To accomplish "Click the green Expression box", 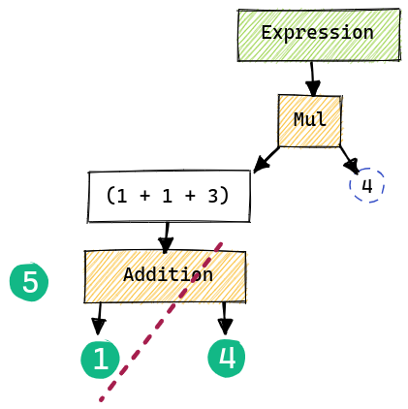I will (x=319, y=35).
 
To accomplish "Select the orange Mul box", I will (x=310, y=121).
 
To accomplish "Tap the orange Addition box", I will (x=166, y=276).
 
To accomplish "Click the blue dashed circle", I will (x=366, y=185).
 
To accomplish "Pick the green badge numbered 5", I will (x=29, y=282).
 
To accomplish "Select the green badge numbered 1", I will (x=100, y=360).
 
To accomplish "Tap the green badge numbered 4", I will (x=227, y=358).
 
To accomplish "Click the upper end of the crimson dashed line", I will (x=222, y=242).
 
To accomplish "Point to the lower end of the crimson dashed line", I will (x=100, y=399).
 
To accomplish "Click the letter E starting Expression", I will (x=267, y=33).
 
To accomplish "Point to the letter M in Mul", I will (x=298, y=120).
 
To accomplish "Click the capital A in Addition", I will (x=129, y=274).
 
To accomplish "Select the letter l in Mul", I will (x=323, y=120).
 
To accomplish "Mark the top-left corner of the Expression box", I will (x=239, y=11).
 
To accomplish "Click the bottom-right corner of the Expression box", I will (x=399, y=61).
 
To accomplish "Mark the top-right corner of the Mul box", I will (x=341, y=96).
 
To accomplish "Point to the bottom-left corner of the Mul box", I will (x=279, y=146).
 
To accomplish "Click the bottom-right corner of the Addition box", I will (x=246, y=301).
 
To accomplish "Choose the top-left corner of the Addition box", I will (x=85, y=252).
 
